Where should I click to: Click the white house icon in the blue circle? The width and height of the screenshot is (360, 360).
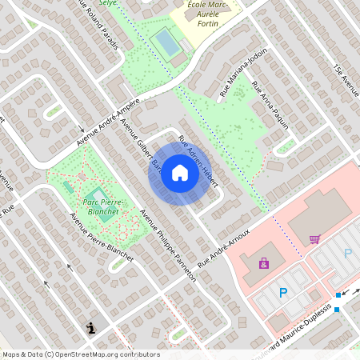point(180,173)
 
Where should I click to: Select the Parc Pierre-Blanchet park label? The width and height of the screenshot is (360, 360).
point(100,207)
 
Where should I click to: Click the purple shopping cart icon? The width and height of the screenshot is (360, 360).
point(314,238)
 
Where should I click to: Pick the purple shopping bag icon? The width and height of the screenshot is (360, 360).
point(264,262)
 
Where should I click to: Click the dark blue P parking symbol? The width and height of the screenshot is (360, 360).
point(283,294)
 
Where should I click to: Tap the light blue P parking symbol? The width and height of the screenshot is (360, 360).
point(348,254)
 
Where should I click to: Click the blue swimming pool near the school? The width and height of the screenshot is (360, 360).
point(166,41)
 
